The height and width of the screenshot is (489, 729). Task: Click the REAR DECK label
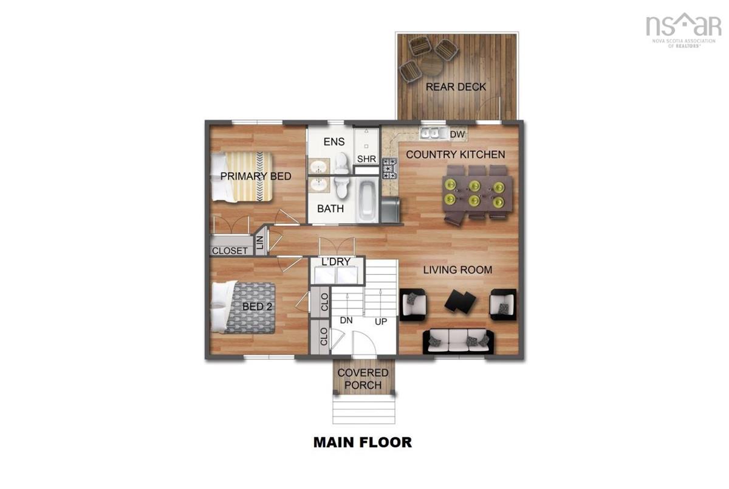pos(456,87)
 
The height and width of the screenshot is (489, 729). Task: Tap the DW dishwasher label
pos(457,134)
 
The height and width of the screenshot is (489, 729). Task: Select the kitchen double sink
pos(430,133)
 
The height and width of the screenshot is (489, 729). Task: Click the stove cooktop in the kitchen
pos(390,168)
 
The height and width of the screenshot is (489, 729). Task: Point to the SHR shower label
pos(366,159)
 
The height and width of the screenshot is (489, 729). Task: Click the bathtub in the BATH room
pos(367,201)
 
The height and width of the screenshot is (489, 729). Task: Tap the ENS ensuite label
pos(334,142)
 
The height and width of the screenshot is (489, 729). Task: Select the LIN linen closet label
pos(260,243)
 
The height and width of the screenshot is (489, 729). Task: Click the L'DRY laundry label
pos(336,262)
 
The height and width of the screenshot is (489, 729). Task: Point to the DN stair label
pos(346,321)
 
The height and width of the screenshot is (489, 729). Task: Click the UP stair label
pos(381,322)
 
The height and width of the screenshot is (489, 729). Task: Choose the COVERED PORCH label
pos(363,379)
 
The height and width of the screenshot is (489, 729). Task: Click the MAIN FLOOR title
pos(363,442)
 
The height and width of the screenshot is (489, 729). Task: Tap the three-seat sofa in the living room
pos(458,341)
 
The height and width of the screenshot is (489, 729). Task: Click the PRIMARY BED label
pos(256,176)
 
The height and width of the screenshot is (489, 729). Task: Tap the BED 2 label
pos(257,307)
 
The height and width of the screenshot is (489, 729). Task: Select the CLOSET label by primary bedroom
pos(230,251)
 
